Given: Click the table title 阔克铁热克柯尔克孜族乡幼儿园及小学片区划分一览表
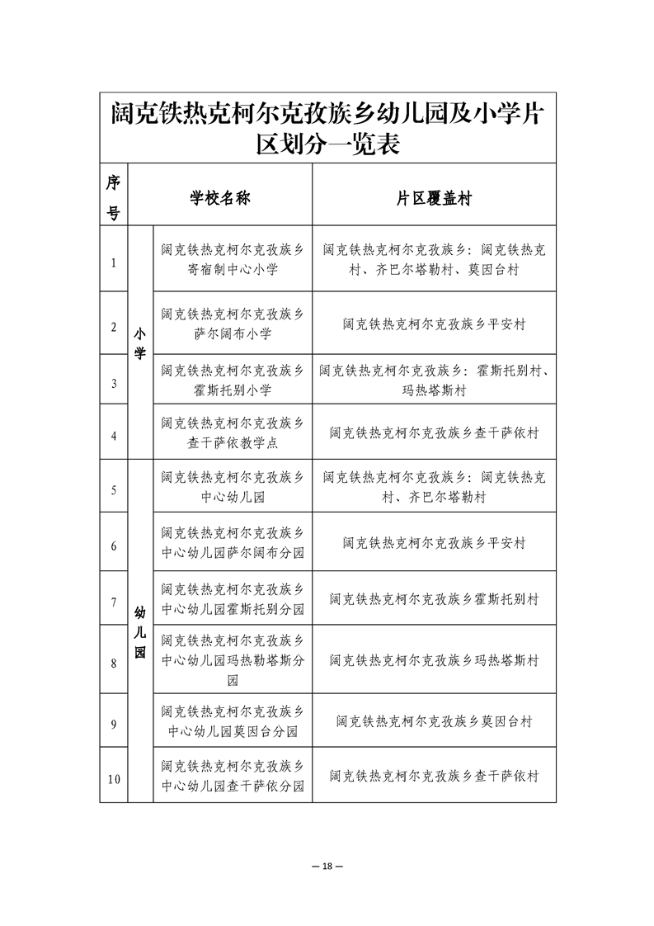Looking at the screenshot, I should point(327,128).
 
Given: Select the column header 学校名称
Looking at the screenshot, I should point(220,198).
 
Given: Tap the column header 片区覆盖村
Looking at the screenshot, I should point(434,198).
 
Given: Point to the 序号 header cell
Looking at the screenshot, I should point(114,198).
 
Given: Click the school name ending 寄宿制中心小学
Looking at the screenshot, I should point(233,259).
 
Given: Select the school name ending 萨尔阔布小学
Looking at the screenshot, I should point(233,324).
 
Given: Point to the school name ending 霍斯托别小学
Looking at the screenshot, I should point(233,380).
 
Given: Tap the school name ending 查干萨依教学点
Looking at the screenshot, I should point(233,432).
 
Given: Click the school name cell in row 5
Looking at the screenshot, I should point(233,487).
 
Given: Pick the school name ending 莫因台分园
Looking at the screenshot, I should point(233,720).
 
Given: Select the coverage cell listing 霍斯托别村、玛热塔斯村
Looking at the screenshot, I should point(434,380).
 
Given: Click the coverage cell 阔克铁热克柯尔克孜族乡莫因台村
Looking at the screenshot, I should point(434,721).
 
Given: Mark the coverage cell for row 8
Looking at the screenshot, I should point(434,660).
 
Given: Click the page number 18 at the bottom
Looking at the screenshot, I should point(327,866).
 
